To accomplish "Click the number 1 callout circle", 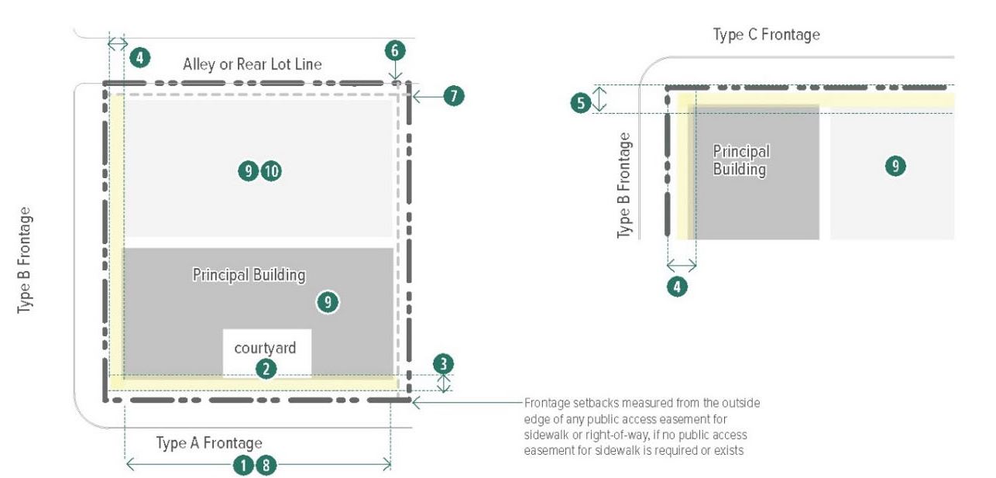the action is pyautogui.click(x=243, y=466).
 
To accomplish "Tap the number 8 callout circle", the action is pyautogui.click(x=266, y=466).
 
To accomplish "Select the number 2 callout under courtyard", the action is pyautogui.click(x=266, y=369).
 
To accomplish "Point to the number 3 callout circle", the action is pyautogui.click(x=443, y=363).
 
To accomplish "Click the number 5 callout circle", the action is pyautogui.click(x=581, y=103).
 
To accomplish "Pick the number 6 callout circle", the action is pyautogui.click(x=395, y=50).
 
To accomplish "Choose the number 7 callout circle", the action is pyautogui.click(x=454, y=95).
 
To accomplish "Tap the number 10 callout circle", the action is pyautogui.click(x=271, y=171).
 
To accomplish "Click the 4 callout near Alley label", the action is pyautogui.click(x=139, y=57).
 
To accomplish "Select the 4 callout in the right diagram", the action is pyautogui.click(x=677, y=287).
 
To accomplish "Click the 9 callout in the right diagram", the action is pyautogui.click(x=895, y=167).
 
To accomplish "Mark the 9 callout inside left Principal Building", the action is pyautogui.click(x=328, y=302).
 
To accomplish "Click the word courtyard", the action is pyautogui.click(x=265, y=348).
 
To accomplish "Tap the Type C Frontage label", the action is pyautogui.click(x=767, y=34).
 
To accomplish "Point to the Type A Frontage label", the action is pyautogui.click(x=209, y=443).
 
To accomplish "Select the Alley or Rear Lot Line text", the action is pyautogui.click(x=252, y=64).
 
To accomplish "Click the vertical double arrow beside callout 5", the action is pyautogui.click(x=599, y=98).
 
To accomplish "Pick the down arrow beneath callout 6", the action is pyautogui.click(x=395, y=70).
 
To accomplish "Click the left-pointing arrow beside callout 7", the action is pyautogui.click(x=428, y=96).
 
